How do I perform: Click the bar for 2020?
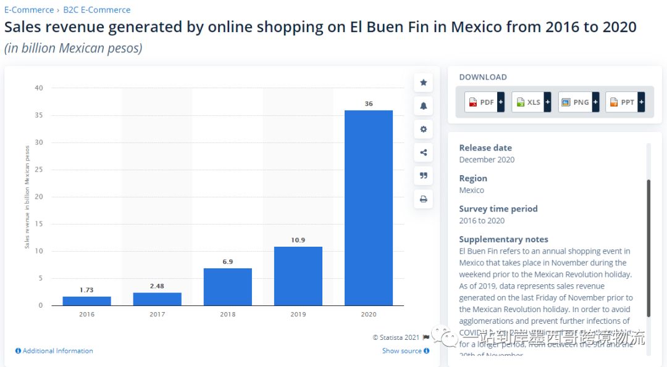tap(368, 207)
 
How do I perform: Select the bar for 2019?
tap(298, 276)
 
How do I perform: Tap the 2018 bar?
tap(227, 287)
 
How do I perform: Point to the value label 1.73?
tap(86, 289)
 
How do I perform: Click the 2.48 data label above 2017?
tap(157, 286)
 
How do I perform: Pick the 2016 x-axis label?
tap(86, 315)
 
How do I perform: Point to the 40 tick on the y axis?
tap(39, 88)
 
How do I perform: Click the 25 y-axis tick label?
tap(39, 170)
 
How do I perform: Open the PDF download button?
tap(485, 102)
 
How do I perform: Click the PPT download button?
tap(625, 102)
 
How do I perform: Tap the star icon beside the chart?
tap(424, 83)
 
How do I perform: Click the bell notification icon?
tap(424, 106)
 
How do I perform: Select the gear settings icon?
tap(424, 130)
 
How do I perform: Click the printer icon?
tap(424, 199)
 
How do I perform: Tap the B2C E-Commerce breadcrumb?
tap(97, 10)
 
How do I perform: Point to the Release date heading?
tap(485, 148)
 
